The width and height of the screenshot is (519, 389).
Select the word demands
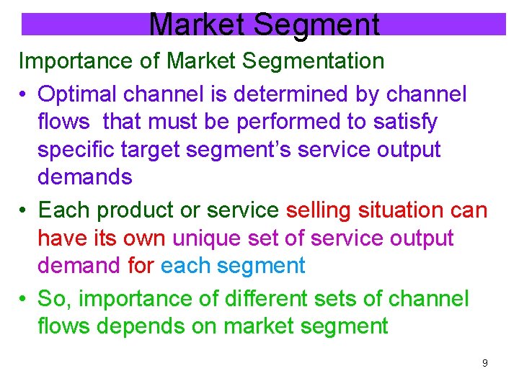click(84, 177)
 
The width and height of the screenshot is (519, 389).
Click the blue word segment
click(261, 266)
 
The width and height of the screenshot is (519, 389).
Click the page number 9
click(484, 363)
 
